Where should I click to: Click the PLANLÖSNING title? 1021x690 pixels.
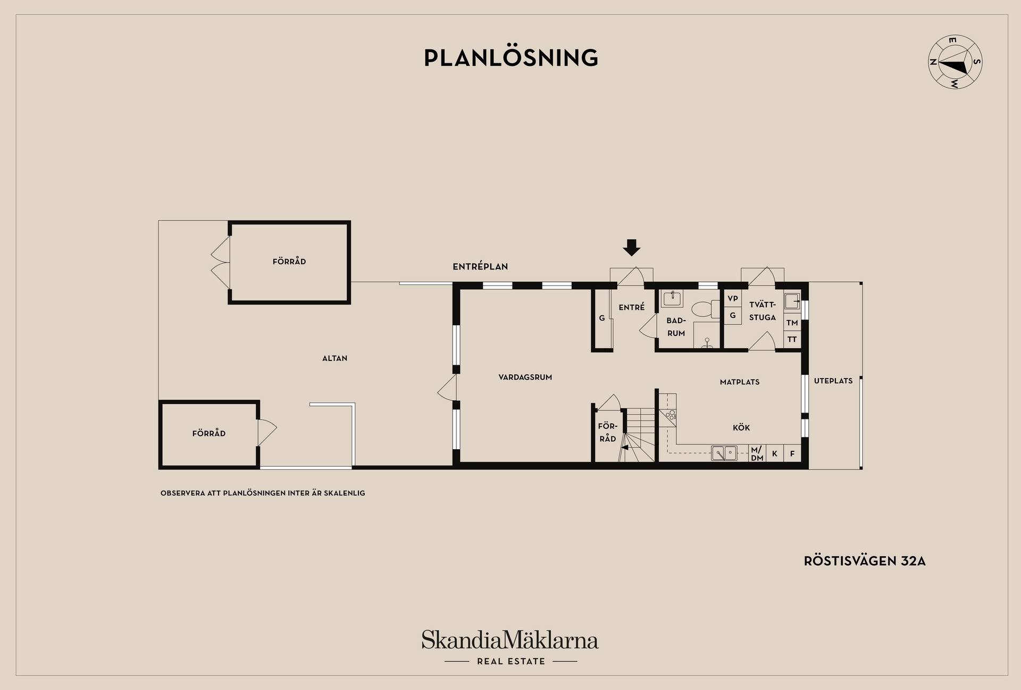511,57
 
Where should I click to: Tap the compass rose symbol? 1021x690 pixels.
955,62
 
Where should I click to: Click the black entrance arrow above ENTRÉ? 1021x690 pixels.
632,248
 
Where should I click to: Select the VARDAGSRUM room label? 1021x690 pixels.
525,377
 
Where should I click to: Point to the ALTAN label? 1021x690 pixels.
334,358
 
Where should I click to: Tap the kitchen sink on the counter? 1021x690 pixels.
724,453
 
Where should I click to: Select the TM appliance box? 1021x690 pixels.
792,322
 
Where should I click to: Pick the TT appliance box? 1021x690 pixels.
792,339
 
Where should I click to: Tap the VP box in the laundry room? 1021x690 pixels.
733,299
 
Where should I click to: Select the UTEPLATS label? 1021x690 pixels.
833,381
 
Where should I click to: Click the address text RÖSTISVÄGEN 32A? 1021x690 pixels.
865,561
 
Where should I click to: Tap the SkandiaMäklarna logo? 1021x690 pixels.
510,646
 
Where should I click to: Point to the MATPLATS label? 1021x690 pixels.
740,382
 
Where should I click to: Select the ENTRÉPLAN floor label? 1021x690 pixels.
480,267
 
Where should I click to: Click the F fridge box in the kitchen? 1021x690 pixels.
792,453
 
